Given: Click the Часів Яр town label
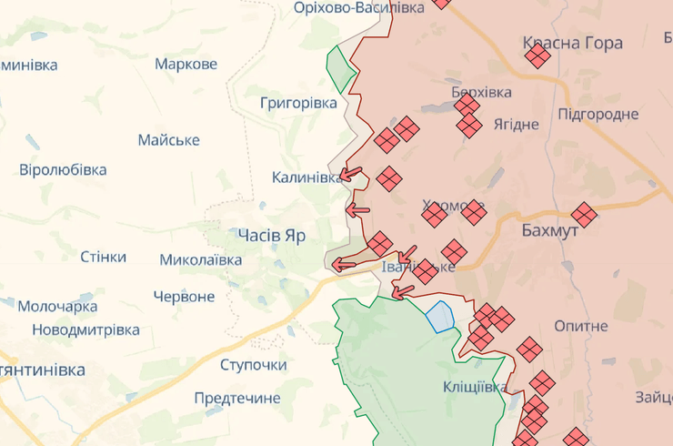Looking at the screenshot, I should (x=272, y=235).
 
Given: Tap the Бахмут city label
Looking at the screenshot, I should (x=550, y=231).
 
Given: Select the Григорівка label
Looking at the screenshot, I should (x=298, y=103).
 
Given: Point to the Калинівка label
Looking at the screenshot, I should (x=307, y=177).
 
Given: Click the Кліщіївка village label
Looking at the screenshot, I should (x=475, y=387).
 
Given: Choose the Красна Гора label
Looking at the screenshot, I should (x=573, y=42).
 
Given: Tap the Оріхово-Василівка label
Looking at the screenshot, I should (x=358, y=7).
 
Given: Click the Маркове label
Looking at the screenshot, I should (x=186, y=64).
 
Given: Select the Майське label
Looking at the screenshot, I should (x=168, y=140).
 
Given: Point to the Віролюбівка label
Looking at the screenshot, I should (x=63, y=169).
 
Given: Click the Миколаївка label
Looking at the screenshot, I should (x=200, y=259).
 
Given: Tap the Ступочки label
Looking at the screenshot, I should (x=253, y=365).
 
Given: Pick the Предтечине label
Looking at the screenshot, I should (x=237, y=398).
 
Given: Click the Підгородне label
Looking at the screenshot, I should (x=598, y=114).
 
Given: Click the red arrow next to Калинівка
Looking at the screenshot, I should (x=351, y=175).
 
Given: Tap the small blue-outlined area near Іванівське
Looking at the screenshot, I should (x=441, y=317).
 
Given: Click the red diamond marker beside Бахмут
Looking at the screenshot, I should (x=584, y=215).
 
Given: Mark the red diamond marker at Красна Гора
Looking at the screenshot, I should (x=537, y=56).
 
